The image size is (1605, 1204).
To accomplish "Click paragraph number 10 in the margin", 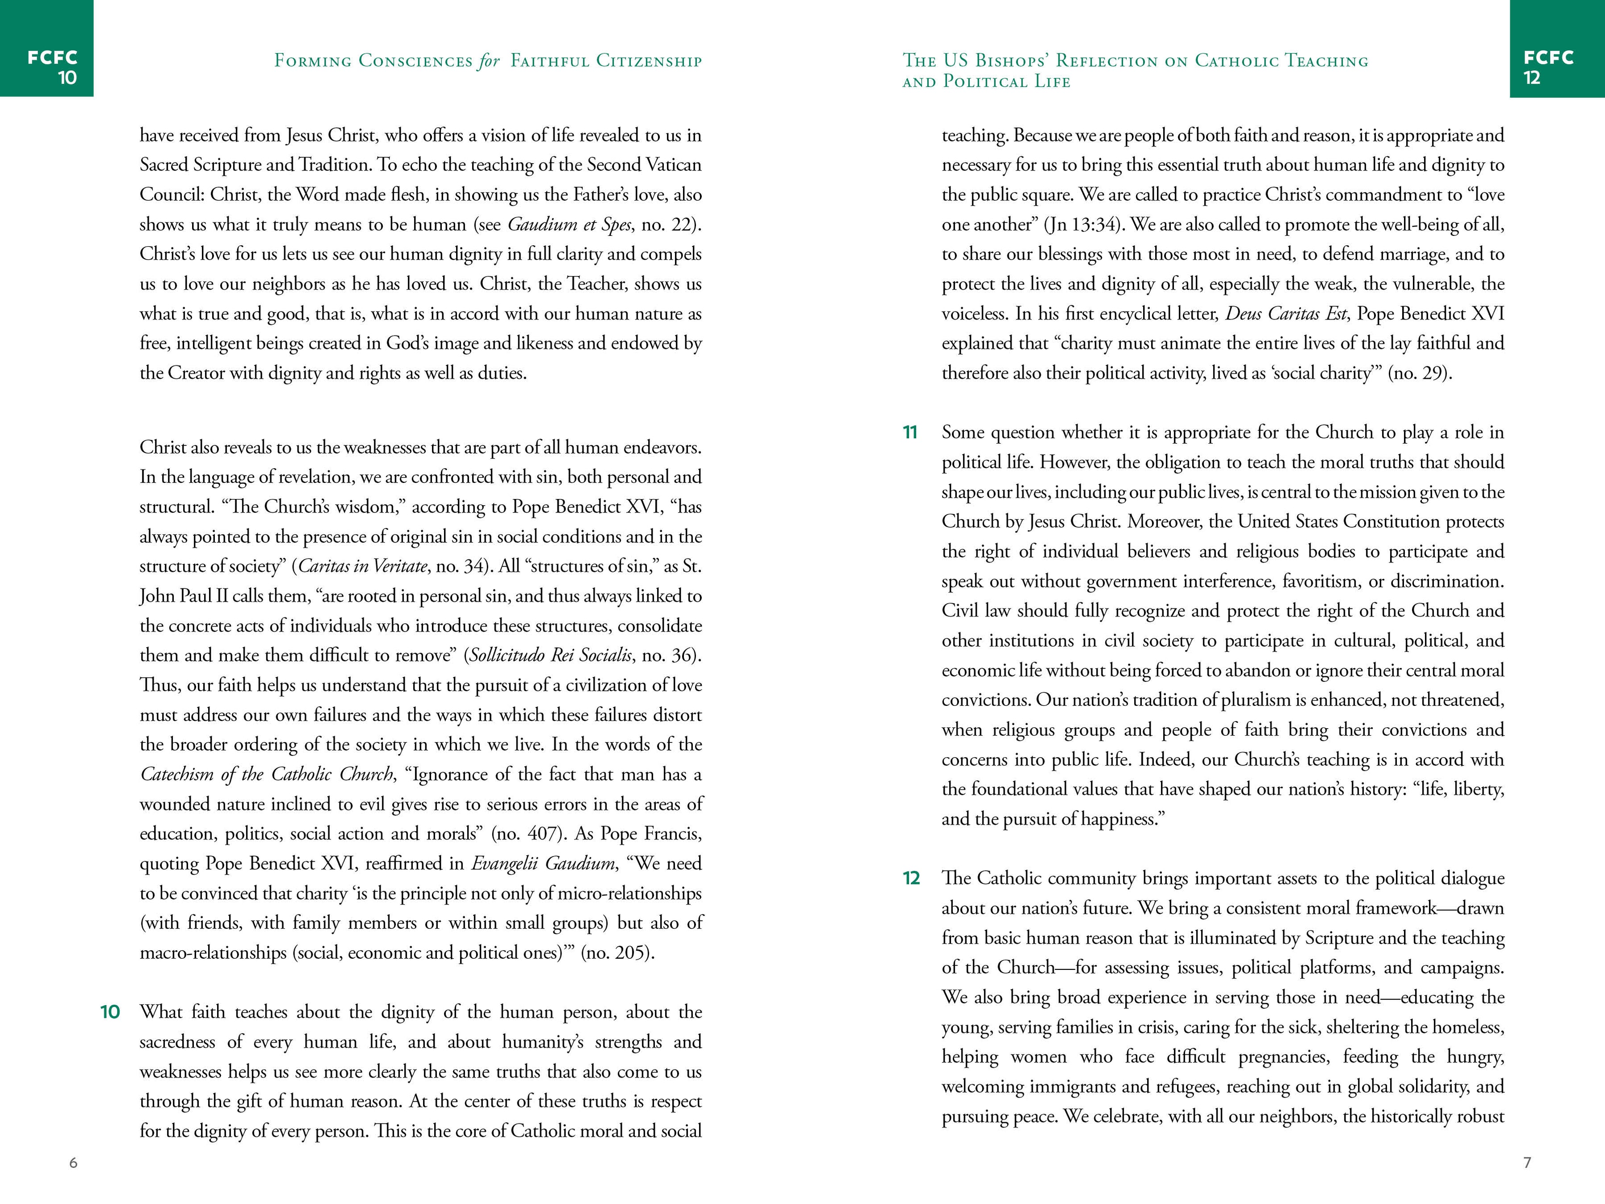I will tap(109, 1012).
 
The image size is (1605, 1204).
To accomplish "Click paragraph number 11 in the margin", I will tap(910, 432).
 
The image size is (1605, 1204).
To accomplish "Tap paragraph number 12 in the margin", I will tap(911, 878).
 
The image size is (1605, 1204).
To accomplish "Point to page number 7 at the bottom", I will tap(1527, 1162).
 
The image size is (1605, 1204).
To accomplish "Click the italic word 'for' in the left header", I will tap(488, 61).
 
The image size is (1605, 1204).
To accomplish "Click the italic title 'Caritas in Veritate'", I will tap(363, 566).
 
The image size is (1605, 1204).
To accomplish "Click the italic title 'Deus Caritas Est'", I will tap(1286, 314).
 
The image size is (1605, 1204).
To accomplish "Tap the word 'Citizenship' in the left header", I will tap(649, 61).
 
